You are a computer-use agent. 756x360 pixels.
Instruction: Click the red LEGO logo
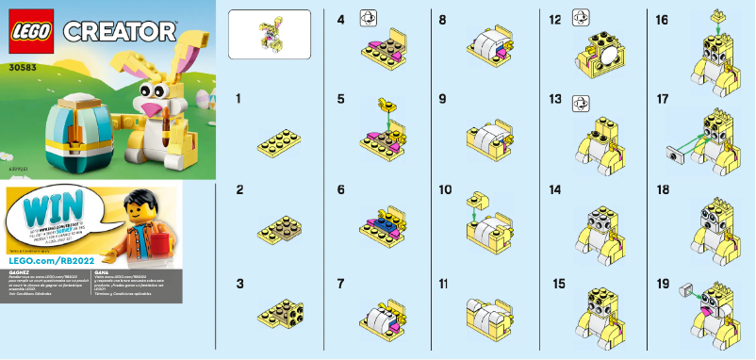click(x=31, y=32)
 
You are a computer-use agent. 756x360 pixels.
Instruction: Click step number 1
click(x=239, y=98)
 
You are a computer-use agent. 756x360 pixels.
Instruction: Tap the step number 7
click(x=340, y=282)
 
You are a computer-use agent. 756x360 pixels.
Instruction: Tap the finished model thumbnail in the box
click(x=269, y=33)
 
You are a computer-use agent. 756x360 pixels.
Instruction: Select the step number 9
click(x=441, y=98)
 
